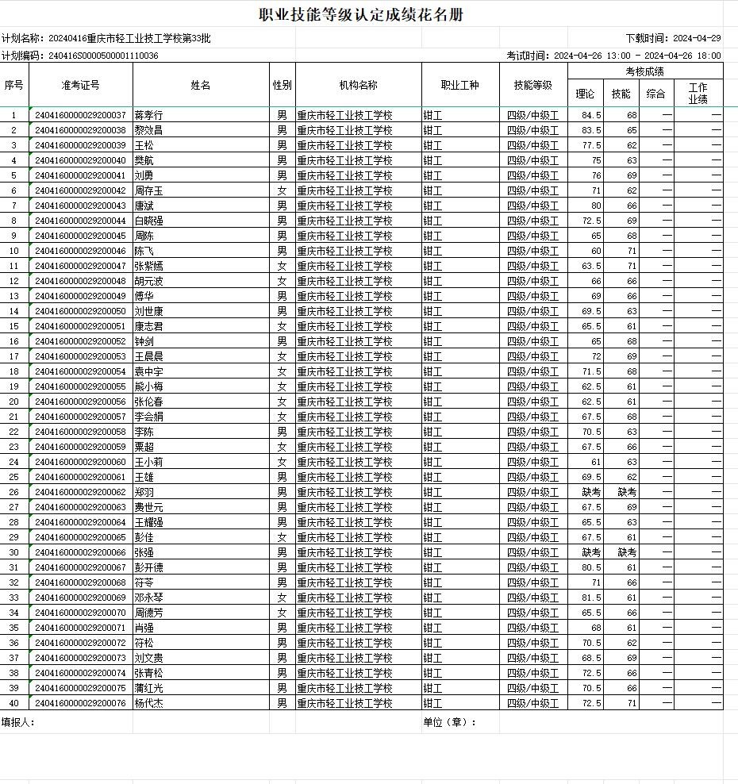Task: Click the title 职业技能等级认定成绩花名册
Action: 361,15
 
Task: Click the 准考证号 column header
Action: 80,85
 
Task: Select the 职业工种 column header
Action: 460,85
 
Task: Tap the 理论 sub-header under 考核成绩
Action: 585,94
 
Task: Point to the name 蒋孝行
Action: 148,115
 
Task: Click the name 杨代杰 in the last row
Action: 148,703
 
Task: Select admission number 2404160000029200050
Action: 81,311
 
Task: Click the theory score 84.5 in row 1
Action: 591,115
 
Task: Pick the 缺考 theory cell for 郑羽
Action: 591,492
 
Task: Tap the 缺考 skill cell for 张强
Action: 627,552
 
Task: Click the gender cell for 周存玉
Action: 282,190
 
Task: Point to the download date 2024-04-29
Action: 697,38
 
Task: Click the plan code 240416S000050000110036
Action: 103,56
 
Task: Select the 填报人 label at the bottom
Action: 18,722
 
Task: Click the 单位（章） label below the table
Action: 450,722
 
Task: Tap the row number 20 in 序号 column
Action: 13,402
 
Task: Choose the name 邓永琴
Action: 148,598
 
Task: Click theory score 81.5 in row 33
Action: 591,598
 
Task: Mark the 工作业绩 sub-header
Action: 698,94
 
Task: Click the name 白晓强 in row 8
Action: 148,221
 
